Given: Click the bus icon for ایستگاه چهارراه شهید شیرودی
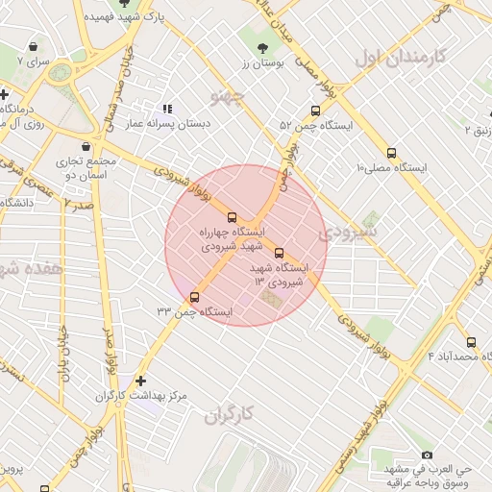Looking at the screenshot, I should click(x=231, y=217).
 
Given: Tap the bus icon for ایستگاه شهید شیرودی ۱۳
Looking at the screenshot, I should click(x=279, y=254).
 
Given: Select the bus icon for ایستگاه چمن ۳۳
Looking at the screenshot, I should click(x=195, y=297).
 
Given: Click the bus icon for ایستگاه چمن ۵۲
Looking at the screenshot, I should click(x=316, y=111).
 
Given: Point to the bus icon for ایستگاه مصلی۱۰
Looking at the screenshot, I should click(x=390, y=153).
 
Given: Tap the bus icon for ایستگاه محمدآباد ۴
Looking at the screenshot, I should click(x=470, y=342).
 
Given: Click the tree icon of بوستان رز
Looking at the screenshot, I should click(x=263, y=47).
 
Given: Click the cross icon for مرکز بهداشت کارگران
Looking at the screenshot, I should click(x=142, y=381).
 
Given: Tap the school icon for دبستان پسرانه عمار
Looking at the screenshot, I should click(x=168, y=110).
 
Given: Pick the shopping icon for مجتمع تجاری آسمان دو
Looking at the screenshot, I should click(x=87, y=146).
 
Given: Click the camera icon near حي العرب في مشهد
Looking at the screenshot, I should click(x=427, y=455).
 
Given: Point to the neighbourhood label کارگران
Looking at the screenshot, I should click(x=228, y=415).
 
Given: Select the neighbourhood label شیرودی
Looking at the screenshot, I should click(x=348, y=232).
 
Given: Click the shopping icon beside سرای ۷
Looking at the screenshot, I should click(x=34, y=46).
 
